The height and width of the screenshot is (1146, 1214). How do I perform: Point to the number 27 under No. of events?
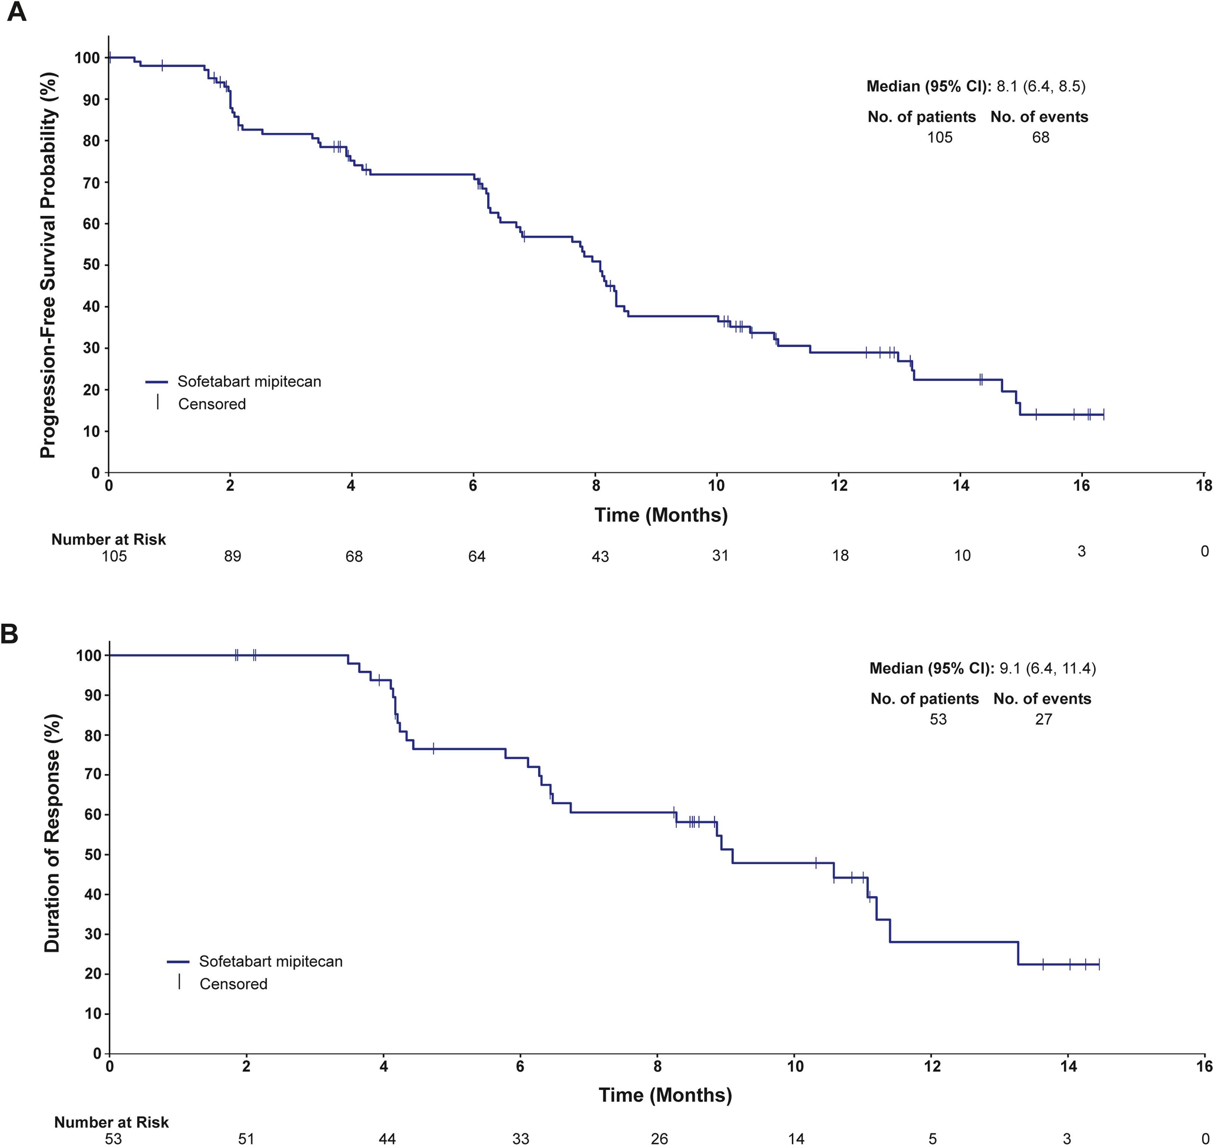point(1044,719)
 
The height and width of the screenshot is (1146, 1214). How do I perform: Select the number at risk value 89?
point(232,556)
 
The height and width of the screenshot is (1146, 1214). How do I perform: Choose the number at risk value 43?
point(600,556)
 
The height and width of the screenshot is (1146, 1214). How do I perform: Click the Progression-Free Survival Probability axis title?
point(49,265)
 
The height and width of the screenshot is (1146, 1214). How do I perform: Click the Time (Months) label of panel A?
point(661,515)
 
